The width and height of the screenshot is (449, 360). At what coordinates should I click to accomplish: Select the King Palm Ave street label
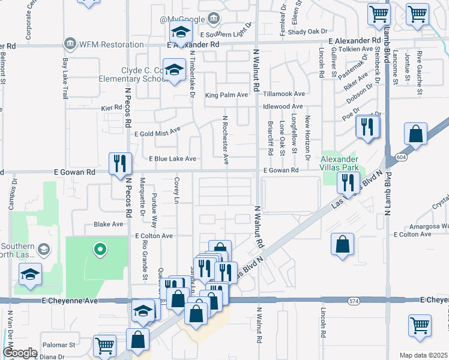pyautogui.click(x=226, y=95)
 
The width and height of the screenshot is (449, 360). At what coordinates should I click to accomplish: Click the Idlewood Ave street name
pyautogui.click(x=284, y=106)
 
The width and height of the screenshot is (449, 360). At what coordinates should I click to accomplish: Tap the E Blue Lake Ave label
pyautogui.click(x=172, y=159)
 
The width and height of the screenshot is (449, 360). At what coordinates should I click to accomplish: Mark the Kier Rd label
pyautogui.click(x=112, y=107)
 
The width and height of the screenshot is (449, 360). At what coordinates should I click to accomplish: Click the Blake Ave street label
pyautogui.click(x=109, y=224)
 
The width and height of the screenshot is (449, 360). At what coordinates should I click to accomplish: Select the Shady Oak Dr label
pyautogui.click(x=308, y=31)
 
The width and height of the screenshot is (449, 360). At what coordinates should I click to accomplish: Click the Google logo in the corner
pyautogui.click(x=20, y=353)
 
